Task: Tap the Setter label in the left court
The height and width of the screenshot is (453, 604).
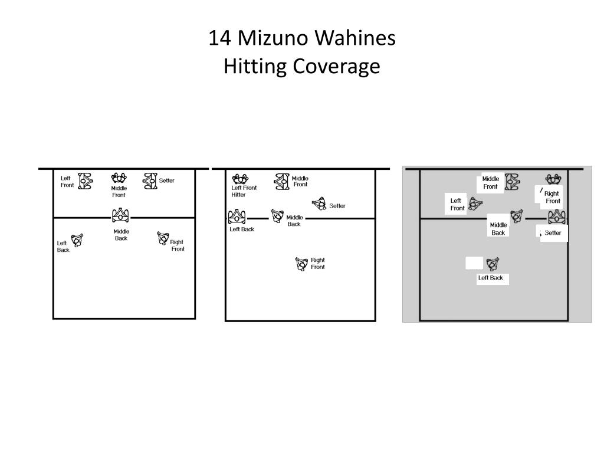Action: [x=167, y=180]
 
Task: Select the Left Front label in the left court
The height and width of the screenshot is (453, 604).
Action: [x=67, y=182]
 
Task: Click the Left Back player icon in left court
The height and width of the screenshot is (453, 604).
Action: [x=77, y=240]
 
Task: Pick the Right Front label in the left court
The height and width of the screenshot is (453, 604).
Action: [x=178, y=245]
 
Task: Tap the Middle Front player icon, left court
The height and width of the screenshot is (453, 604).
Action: [x=119, y=178]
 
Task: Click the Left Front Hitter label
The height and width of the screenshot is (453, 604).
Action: [x=244, y=191]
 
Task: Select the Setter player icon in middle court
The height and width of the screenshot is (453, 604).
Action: [x=319, y=204]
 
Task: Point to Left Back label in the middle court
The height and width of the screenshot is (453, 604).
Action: [x=242, y=229]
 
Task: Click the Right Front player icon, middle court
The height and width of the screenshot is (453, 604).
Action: [x=301, y=264]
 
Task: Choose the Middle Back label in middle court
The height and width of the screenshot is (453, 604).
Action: [x=294, y=221]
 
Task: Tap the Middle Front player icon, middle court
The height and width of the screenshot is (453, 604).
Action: [x=282, y=181]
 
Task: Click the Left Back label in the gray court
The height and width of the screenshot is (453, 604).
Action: [x=491, y=278]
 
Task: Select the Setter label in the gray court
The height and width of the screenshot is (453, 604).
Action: [x=553, y=233]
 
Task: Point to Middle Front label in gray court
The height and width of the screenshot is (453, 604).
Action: [x=490, y=183]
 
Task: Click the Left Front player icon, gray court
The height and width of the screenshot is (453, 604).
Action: [x=475, y=204]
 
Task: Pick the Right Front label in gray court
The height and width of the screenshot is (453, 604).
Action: [x=552, y=197]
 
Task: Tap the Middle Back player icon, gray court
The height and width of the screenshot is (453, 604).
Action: [x=517, y=216]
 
